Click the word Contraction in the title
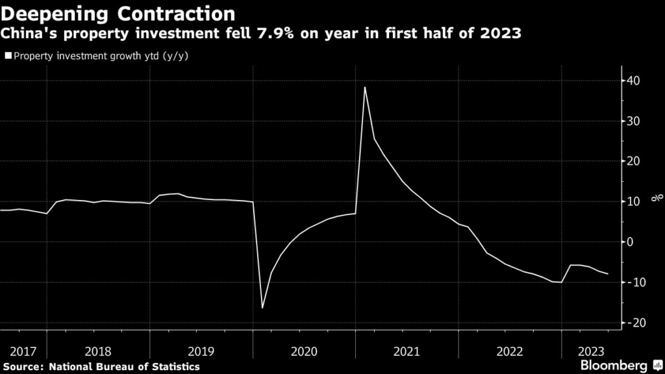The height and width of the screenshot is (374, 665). coord(175,13)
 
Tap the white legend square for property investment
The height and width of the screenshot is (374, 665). coord(8,56)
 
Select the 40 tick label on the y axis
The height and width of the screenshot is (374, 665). coord(633,81)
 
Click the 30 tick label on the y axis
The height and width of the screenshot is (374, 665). coord(633,121)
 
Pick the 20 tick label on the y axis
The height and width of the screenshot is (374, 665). coord(633,162)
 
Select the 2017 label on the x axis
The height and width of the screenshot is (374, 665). coord(23,351)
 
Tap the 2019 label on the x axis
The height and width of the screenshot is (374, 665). coord(201,351)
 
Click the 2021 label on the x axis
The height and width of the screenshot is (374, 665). coord(407,351)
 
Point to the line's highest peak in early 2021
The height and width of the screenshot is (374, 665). coord(365,87)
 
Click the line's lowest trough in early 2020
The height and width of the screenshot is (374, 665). coord(262,307)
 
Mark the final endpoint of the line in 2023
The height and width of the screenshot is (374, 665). coord(608,274)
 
